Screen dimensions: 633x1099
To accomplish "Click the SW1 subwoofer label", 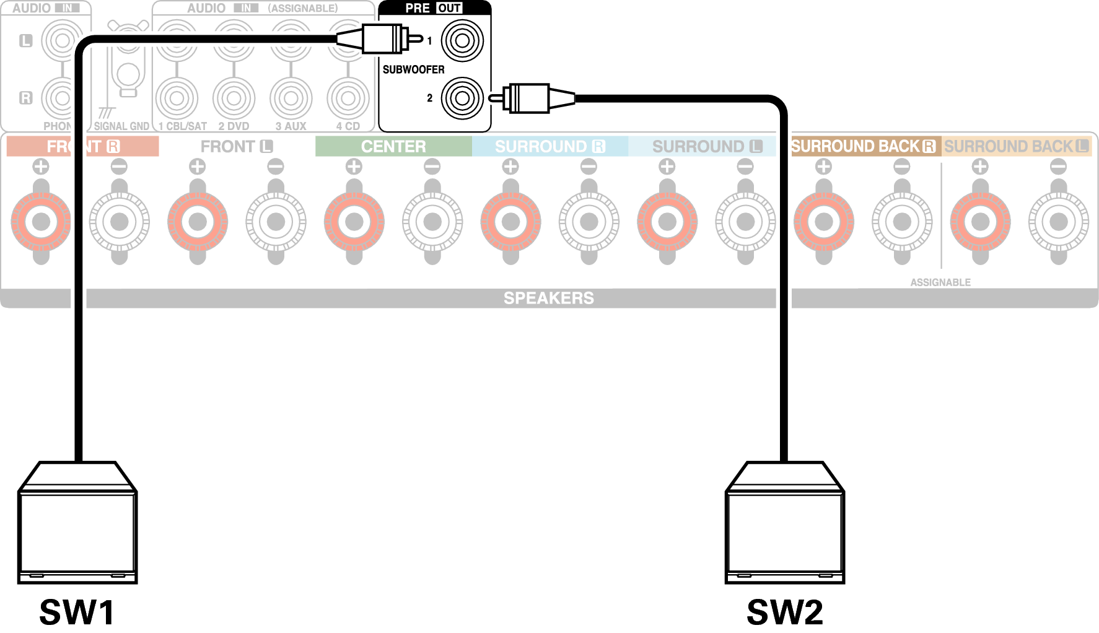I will [77, 613].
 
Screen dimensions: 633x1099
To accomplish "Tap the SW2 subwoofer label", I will [785, 613].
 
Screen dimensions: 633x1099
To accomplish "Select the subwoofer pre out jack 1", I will [462, 41].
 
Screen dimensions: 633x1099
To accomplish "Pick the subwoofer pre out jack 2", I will [462, 98].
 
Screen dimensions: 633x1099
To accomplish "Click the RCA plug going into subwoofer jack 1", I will [382, 39].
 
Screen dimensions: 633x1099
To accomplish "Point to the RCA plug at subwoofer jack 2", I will [530, 98].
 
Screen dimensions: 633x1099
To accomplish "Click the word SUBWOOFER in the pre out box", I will [413, 69].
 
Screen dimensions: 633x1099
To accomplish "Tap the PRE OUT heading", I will [433, 8].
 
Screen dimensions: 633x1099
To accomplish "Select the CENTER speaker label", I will [393, 146].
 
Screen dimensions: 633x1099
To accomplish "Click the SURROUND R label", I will [549, 146].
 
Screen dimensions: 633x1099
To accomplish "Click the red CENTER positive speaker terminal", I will [354, 221].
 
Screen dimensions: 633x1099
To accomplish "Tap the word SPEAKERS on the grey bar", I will [548, 298].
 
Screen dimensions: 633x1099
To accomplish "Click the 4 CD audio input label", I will [348, 126].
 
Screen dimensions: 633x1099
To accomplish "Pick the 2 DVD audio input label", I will [234, 126].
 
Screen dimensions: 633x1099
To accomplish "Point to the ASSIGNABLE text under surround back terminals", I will [940, 282].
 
